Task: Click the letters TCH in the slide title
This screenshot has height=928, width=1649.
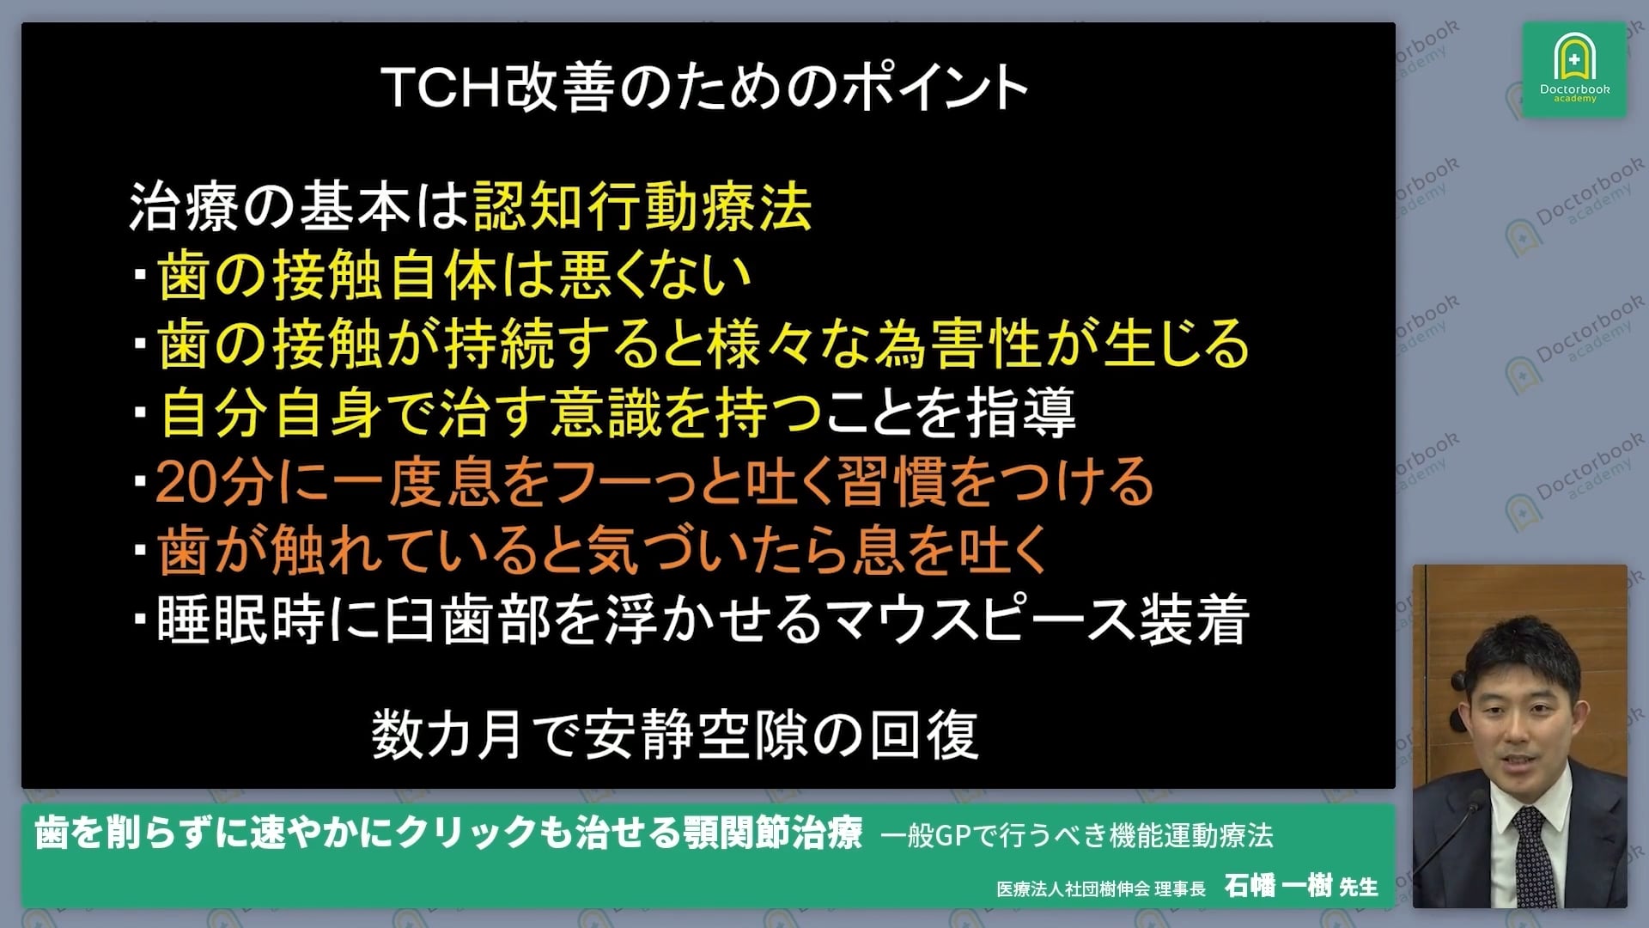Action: click(441, 88)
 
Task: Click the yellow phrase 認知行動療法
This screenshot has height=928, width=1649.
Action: click(642, 207)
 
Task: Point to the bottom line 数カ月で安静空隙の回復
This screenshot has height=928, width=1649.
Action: click(674, 736)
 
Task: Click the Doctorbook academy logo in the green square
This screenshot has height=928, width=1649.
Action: click(1574, 70)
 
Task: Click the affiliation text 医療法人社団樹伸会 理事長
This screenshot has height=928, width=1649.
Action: click(1100, 888)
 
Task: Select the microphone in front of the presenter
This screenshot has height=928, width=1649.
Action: click(1464, 816)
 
